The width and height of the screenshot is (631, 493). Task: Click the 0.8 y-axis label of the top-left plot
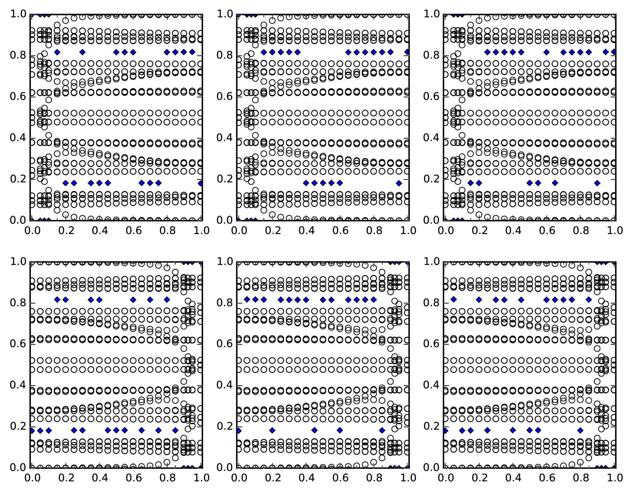pyautogui.click(x=18, y=55)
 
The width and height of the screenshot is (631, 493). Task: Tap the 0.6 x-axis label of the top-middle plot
pyautogui.click(x=340, y=231)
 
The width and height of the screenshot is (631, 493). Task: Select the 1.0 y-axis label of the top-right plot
pyautogui.click(x=431, y=14)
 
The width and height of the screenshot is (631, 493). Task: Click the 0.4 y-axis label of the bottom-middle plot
pyautogui.click(x=225, y=385)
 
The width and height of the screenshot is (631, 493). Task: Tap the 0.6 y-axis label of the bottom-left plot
pyautogui.click(x=18, y=344)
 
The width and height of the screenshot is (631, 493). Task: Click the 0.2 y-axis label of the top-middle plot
pyautogui.click(x=225, y=179)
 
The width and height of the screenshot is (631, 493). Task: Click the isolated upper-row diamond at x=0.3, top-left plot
pyautogui.click(x=82, y=52)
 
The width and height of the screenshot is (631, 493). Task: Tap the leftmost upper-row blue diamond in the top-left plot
pyautogui.click(x=57, y=52)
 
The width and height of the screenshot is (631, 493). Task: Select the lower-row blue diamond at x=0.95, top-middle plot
pyautogui.click(x=399, y=183)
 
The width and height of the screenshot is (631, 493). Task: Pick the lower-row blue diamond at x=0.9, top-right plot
pyautogui.click(x=597, y=183)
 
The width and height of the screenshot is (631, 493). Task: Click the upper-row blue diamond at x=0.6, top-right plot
pyautogui.click(x=546, y=52)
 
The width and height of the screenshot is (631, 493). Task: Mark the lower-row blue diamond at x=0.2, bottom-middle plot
pyautogui.click(x=272, y=430)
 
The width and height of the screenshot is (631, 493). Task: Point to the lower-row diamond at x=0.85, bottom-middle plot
pyautogui.click(x=382, y=430)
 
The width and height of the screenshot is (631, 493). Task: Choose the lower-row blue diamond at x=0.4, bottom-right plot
pyautogui.click(x=513, y=430)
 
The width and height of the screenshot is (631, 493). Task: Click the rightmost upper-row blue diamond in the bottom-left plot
pyautogui.click(x=167, y=300)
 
